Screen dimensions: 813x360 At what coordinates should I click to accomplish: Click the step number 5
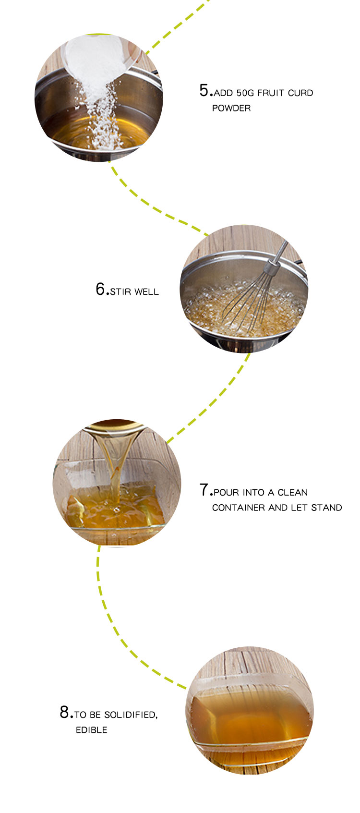[204, 90]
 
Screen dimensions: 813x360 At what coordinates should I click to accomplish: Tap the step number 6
[100, 289]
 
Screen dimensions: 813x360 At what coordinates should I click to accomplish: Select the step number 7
[204, 490]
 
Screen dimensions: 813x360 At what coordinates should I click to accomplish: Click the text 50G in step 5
[246, 93]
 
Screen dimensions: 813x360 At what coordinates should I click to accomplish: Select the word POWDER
[231, 109]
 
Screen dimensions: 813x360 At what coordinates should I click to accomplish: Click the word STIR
[121, 292]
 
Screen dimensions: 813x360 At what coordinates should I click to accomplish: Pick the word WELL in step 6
[146, 292]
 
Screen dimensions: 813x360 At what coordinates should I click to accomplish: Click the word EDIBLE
[91, 730]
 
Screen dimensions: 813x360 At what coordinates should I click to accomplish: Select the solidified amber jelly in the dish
[250, 718]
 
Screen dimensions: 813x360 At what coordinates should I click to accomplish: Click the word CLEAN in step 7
[293, 493]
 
